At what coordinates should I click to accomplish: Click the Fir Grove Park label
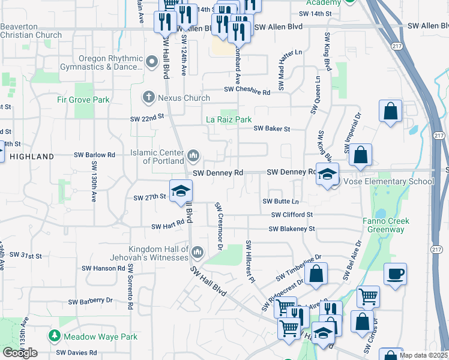(83, 100)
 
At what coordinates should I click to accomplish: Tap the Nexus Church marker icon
(148, 97)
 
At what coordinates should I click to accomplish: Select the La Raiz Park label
(229, 119)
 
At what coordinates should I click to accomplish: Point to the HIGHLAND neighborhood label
(32, 156)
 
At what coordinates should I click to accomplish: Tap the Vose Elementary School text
(388, 181)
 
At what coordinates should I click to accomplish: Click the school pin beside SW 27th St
(181, 191)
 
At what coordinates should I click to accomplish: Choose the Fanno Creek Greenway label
(386, 225)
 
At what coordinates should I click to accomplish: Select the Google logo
(20, 353)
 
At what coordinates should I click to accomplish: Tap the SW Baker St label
(271, 128)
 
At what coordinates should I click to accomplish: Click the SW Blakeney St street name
(292, 229)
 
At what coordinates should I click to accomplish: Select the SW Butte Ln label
(280, 202)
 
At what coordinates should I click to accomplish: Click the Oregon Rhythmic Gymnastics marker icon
(151, 59)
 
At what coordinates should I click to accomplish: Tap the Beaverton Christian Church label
(31, 31)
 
